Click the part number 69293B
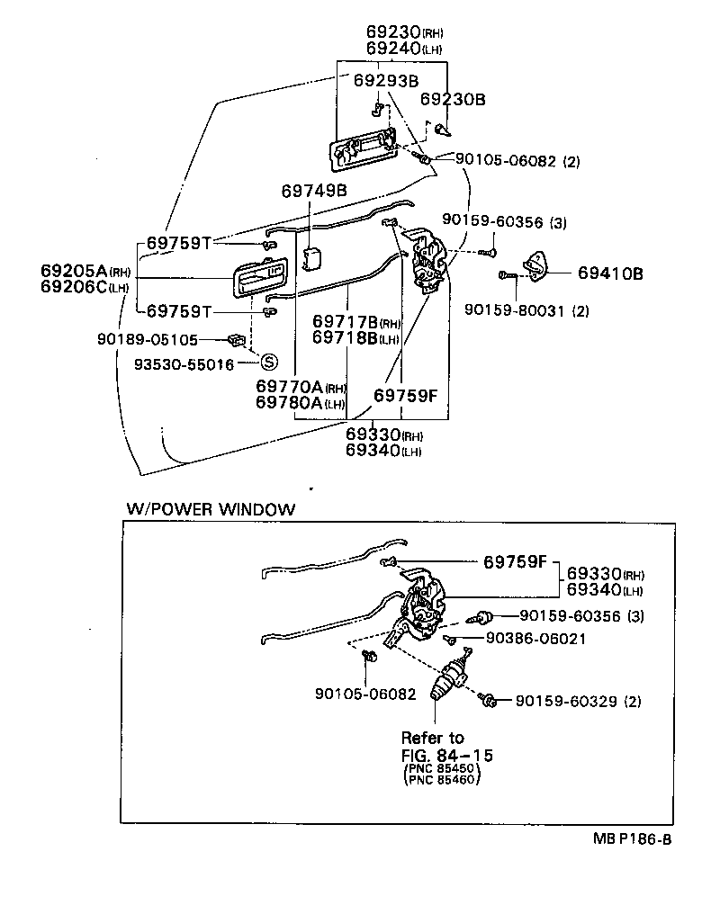386,81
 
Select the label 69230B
453,99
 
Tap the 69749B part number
314,191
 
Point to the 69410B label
610,273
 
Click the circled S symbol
267,363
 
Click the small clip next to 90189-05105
238,340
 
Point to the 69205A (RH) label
86,270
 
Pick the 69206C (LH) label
86,287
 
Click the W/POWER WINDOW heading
210,509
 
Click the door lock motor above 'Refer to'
449,680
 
